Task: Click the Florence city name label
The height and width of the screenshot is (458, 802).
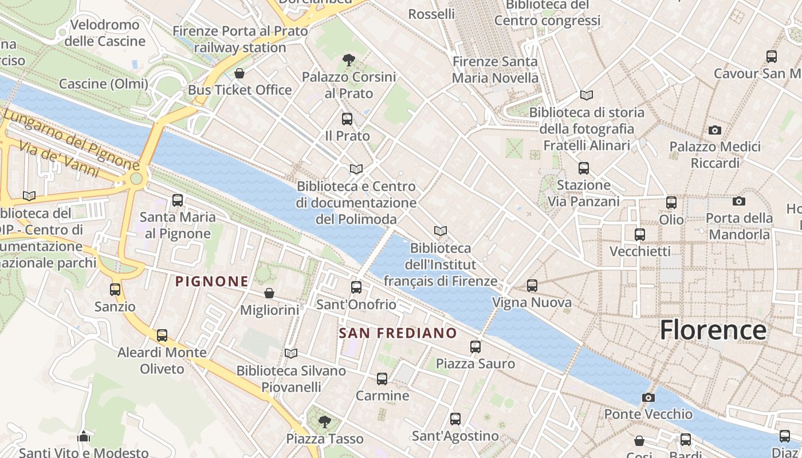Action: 713,330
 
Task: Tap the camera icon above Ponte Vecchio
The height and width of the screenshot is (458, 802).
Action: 648,397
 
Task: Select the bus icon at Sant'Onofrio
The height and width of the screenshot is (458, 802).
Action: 356,287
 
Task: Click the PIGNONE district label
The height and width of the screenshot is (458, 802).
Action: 212,281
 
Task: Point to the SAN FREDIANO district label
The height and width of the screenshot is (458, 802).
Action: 398,333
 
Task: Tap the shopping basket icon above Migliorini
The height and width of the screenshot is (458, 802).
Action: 269,294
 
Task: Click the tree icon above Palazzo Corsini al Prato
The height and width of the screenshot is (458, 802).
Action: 348,60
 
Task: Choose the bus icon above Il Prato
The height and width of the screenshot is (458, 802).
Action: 347,119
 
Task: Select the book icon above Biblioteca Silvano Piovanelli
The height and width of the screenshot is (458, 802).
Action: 291,354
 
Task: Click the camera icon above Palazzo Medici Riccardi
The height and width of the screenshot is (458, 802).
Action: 714,130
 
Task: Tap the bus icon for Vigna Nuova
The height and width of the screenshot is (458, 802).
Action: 532,285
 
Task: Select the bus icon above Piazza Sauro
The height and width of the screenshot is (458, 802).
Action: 475,347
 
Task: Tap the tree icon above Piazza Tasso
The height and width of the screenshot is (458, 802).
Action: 325,423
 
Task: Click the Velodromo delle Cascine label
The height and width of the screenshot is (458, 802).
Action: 104,33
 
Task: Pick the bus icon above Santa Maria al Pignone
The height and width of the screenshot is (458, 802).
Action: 178,200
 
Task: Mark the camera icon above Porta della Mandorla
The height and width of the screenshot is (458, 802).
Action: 739,201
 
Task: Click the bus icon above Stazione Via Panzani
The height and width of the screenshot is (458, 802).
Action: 584,168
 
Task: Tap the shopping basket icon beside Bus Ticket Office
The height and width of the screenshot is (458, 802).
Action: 239,73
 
